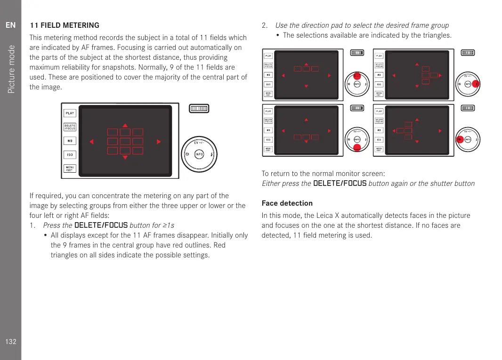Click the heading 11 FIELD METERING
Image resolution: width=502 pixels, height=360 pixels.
point(65,25)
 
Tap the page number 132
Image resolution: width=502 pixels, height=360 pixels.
point(11,342)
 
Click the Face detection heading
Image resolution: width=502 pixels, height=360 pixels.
point(287,203)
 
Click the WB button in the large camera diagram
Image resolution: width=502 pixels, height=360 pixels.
point(70,140)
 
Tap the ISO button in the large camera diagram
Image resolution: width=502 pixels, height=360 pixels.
point(70,154)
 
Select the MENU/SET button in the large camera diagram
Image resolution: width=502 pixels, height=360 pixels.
point(70,168)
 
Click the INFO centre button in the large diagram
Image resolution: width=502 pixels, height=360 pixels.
point(199,155)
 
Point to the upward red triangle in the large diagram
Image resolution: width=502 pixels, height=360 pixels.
point(125,126)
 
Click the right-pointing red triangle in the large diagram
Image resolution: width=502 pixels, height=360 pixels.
point(159,141)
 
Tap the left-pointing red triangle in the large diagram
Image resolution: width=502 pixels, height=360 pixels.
point(92,141)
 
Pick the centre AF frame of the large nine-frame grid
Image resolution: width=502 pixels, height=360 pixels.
point(125,141)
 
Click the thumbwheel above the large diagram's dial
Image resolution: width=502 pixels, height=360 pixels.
point(199,109)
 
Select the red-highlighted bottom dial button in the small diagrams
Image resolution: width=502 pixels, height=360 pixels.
point(357,147)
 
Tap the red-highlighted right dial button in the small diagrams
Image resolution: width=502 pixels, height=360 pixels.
point(476,84)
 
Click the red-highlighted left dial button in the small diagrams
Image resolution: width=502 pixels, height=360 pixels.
point(460,140)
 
